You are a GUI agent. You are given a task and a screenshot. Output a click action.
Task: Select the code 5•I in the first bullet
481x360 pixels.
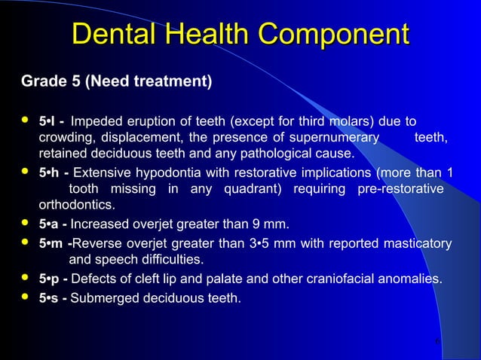click(x=50, y=121)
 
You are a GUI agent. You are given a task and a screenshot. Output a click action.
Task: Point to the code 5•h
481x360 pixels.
click(x=51, y=172)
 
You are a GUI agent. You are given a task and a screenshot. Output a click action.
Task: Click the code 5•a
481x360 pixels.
click(x=51, y=224)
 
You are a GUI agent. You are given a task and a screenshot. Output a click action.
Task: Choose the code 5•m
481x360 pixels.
click(x=52, y=243)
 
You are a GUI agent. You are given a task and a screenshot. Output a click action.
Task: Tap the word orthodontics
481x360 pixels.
click(x=76, y=205)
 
